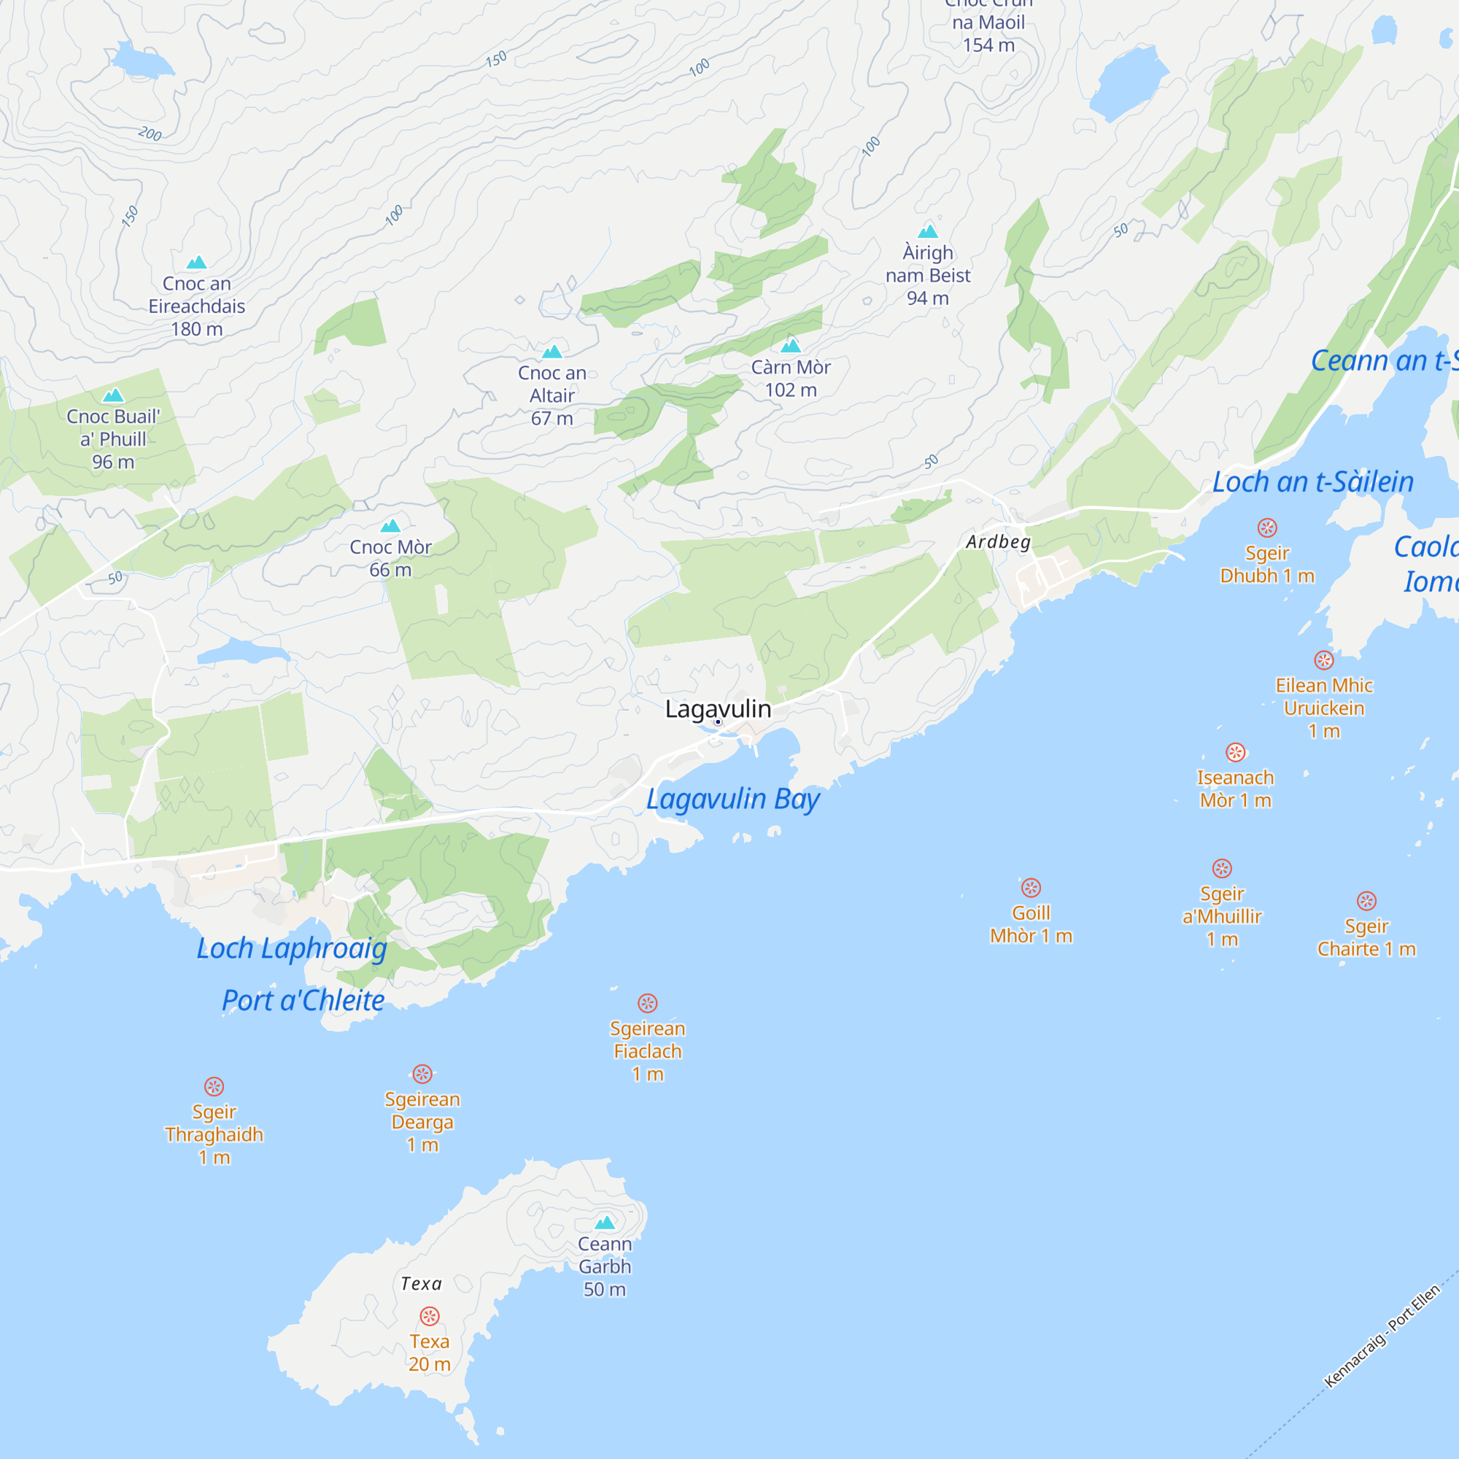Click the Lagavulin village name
click(717, 709)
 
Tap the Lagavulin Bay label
click(732, 799)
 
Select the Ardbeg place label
click(999, 541)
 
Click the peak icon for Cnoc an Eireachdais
click(196, 263)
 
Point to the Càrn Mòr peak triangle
click(791, 346)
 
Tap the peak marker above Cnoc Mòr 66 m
click(390, 525)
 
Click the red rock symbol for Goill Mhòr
click(1031, 887)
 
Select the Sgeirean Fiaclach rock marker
click(647, 1003)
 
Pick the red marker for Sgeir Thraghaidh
click(214, 1086)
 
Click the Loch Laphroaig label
click(292, 948)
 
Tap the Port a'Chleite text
click(303, 1001)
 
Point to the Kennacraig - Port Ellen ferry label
click(1382, 1336)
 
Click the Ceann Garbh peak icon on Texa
click(605, 1222)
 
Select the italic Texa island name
click(422, 1284)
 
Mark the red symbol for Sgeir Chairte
click(1367, 900)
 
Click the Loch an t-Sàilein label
click(1313, 481)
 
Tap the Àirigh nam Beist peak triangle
click(927, 231)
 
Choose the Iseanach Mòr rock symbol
click(1236, 752)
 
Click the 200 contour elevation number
click(150, 133)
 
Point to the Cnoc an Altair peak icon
click(552, 352)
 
